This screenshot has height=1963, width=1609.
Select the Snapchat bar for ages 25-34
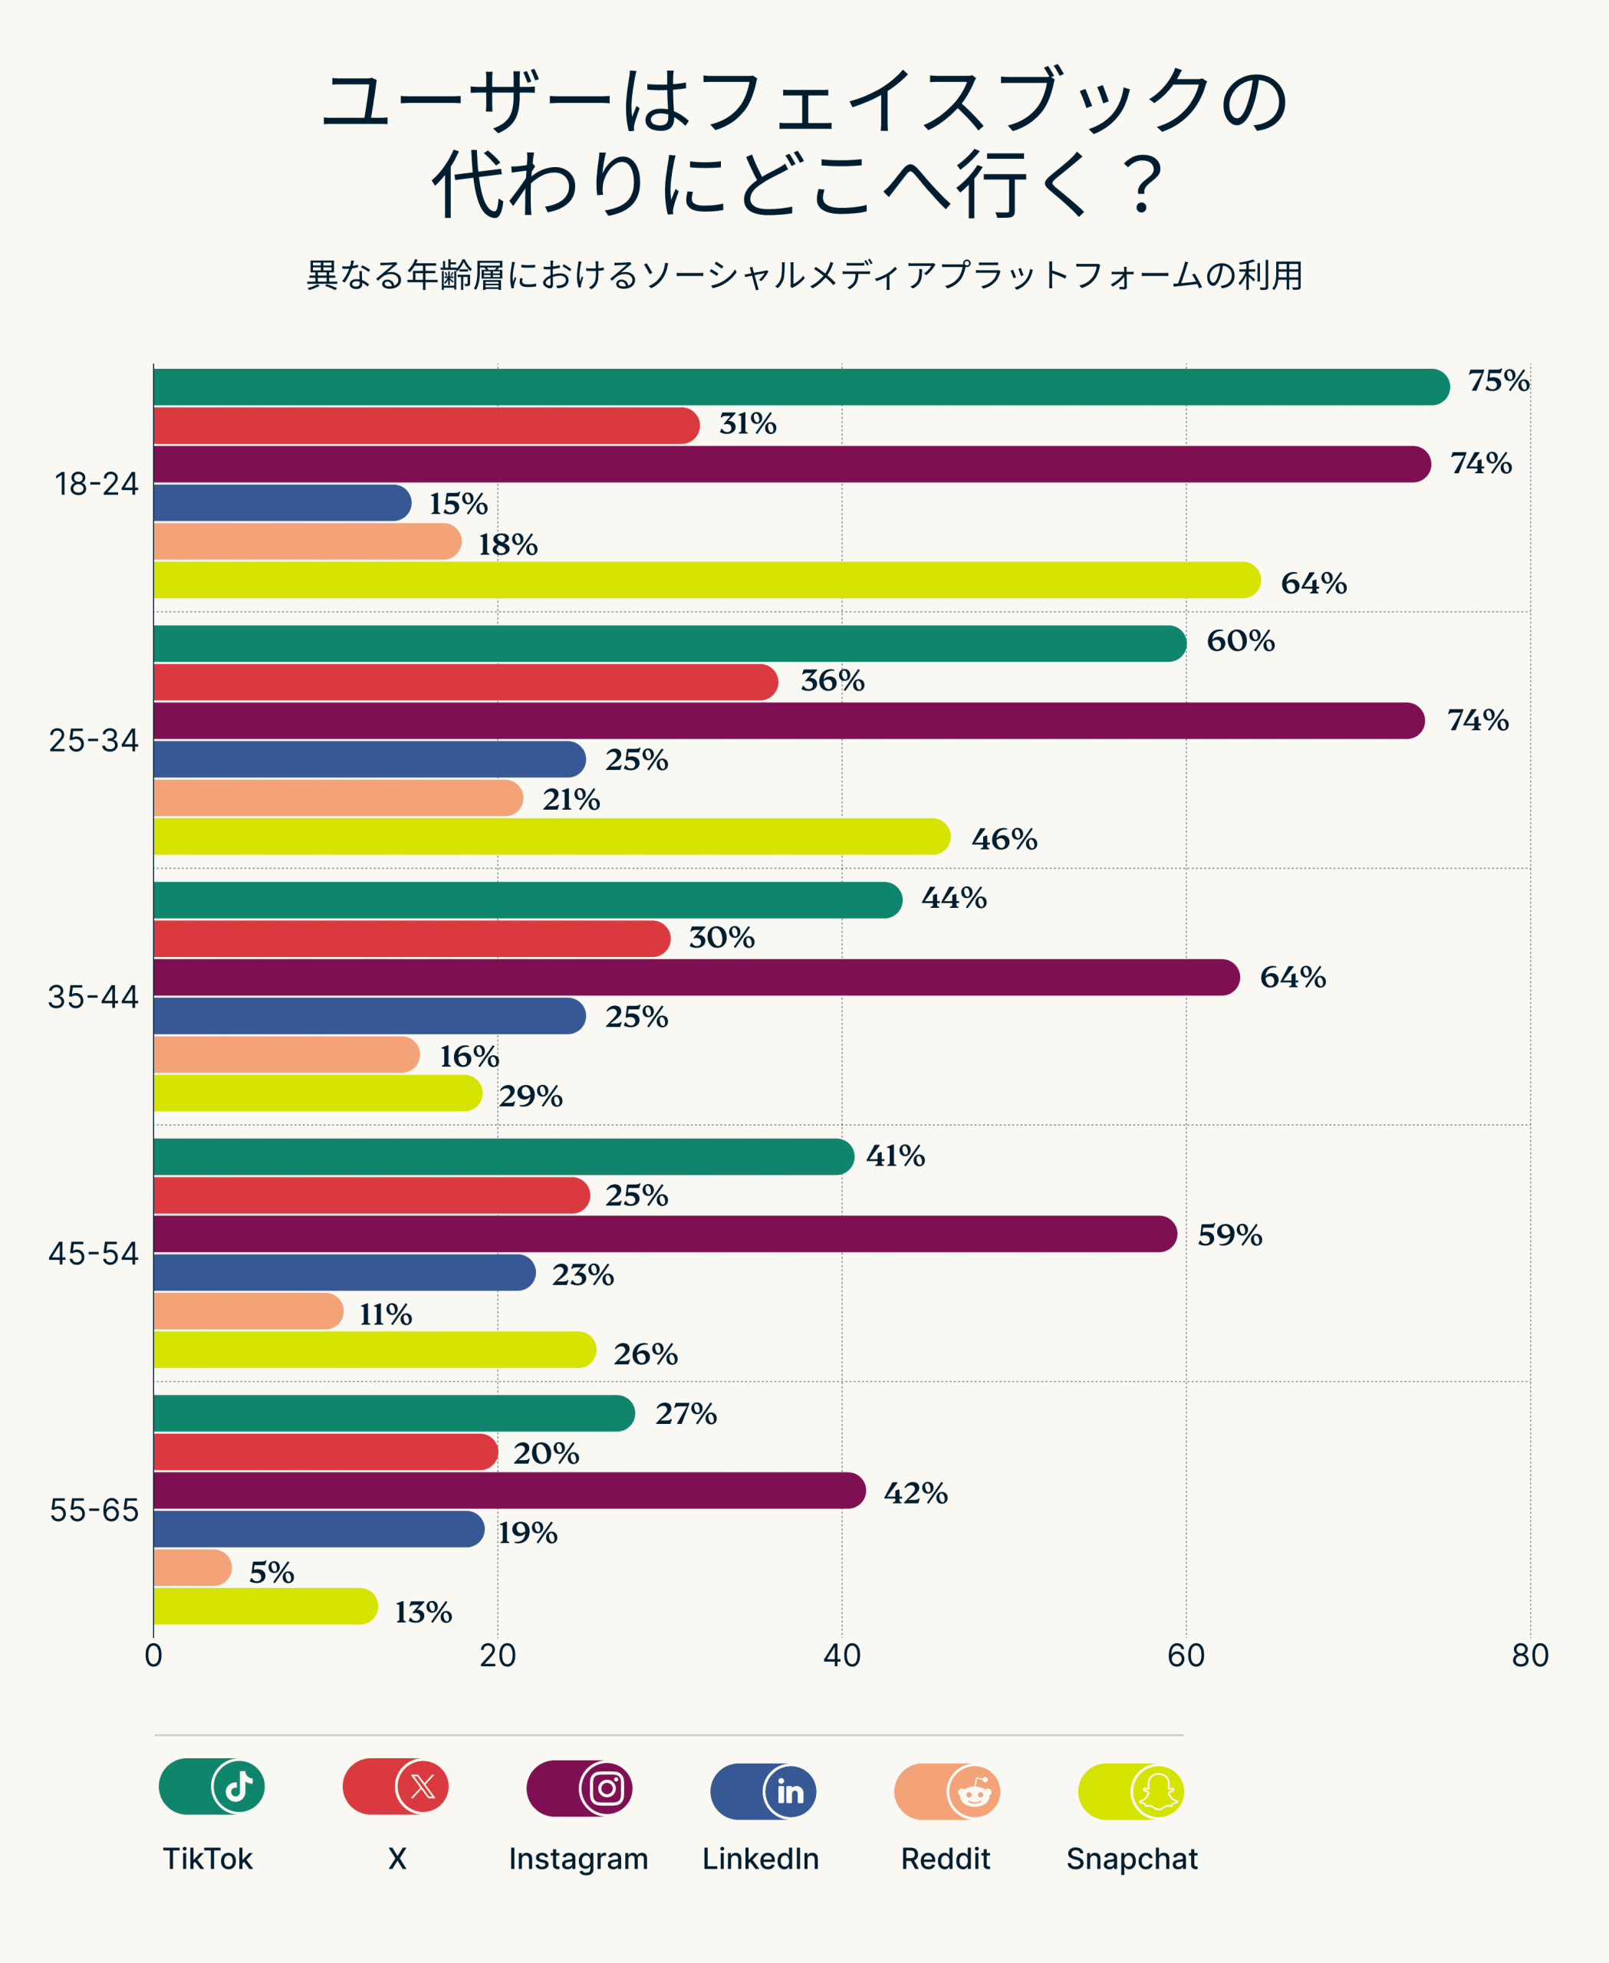[551, 837]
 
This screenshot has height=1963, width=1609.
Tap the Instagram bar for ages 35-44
[695, 978]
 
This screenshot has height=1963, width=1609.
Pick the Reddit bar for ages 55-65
[192, 1567]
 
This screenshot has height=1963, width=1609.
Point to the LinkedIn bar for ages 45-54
[343, 1273]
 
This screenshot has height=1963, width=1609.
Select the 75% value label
[1498, 381]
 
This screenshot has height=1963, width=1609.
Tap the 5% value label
[271, 1573]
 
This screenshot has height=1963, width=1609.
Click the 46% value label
[1004, 840]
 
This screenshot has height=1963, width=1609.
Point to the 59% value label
[1229, 1235]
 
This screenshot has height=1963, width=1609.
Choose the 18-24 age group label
[97, 484]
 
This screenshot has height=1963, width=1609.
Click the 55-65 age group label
[94, 1511]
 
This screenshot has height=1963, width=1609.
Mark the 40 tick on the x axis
[841, 1655]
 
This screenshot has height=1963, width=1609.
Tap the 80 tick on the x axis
[1529, 1655]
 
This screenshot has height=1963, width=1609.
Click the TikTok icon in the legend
[239, 1786]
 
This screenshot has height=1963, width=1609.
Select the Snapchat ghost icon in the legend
[1157, 1791]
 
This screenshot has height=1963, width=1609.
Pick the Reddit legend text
[946, 1858]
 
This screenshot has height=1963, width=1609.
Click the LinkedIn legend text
[760, 1858]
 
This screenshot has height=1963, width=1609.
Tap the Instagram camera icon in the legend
[606, 1788]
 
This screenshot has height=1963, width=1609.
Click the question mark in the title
[1146, 183]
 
